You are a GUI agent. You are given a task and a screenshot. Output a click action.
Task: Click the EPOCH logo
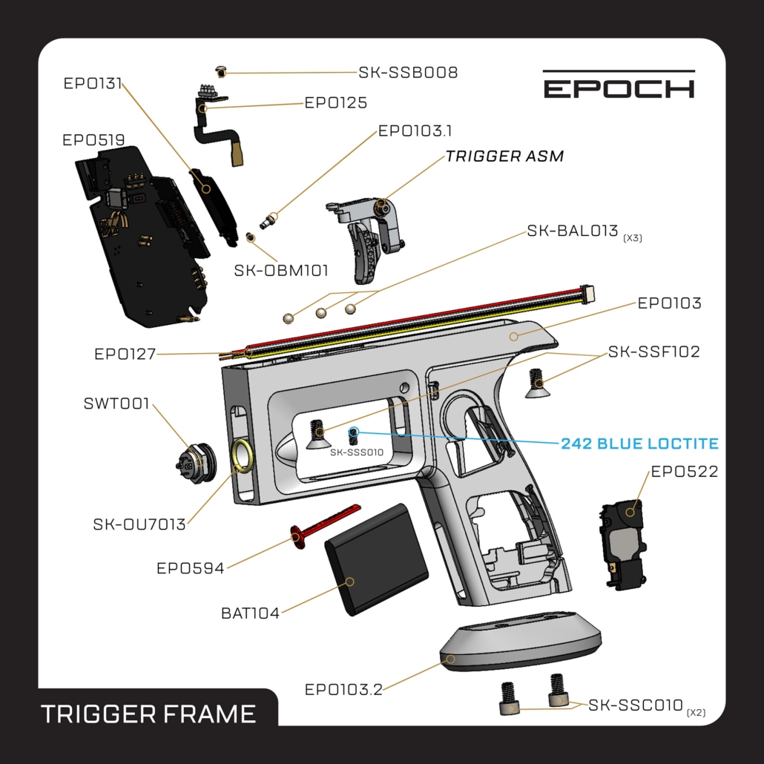619,85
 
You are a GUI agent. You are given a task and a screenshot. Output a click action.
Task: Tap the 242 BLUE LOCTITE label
639,444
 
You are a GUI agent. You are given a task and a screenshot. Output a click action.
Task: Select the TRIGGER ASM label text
505,156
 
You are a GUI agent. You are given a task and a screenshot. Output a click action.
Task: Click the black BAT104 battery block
376,559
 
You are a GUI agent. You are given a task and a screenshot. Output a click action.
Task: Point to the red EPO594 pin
324,526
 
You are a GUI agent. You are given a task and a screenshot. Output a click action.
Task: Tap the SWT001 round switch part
195,463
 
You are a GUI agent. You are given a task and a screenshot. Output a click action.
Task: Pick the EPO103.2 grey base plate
521,642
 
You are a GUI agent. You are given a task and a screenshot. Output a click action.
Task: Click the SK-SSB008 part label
408,72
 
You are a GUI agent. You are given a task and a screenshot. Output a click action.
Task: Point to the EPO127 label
125,354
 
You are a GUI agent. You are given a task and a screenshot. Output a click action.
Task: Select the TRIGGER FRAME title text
148,714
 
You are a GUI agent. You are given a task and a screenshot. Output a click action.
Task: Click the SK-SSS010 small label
357,452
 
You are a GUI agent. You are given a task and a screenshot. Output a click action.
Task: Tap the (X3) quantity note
633,238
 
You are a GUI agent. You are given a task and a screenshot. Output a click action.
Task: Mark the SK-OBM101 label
281,271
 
